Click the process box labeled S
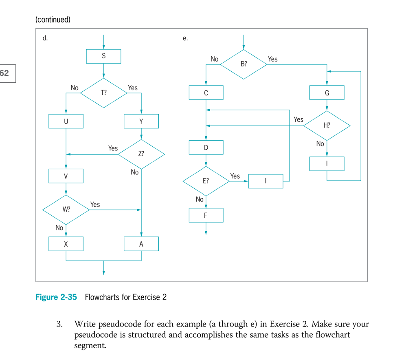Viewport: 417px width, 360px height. [x=103, y=56]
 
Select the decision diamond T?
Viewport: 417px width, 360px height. [x=103, y=93]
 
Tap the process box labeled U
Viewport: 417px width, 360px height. [x=66, y=121]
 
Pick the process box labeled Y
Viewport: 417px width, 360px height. [x=141, y=121]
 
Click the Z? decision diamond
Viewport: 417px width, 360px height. [x=141, y=154]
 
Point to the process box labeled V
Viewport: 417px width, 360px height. [x=66, y=176]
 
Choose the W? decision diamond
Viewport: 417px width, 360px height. [x=66, y=209]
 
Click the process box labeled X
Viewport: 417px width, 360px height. [x=66, y=244]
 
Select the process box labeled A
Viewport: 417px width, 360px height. [x=141, y=244]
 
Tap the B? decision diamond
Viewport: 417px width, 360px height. [x=244, y=64]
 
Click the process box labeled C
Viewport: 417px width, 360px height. [x=206, y=93]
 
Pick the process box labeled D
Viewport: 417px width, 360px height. [x=206, y=147]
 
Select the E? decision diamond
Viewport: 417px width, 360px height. [x=206, y=181]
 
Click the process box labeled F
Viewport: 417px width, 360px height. [x=206, y=215]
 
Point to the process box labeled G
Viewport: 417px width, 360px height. [x=327, y=93]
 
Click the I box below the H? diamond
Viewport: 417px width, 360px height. [x=327, y=163]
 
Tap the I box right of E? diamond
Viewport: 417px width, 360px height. [x=266, y=181]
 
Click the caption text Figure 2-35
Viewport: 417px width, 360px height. [x=56, y=297]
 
